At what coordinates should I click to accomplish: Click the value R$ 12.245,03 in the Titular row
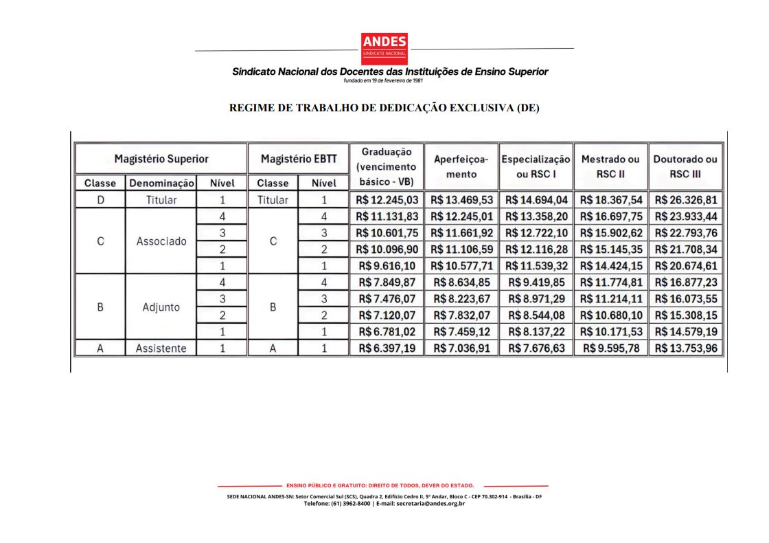point(387,200)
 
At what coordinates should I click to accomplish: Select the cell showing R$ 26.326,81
point(686,200)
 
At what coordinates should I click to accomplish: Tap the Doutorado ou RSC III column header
point(685,166)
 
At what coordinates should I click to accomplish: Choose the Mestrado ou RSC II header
point(610,166)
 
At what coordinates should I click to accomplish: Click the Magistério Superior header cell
point(161,159)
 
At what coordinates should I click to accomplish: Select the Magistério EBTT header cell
point(299,159)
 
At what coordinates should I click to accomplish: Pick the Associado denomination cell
point(161,241)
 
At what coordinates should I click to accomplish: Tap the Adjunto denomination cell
point(161,307)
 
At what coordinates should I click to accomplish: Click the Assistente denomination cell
point(161,348)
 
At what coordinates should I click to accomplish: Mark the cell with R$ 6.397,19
point(387,348)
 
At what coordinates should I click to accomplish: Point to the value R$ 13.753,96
point(686,348)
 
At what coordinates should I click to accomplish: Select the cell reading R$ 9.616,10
point(387,266)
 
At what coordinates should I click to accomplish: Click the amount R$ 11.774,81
point(610,282)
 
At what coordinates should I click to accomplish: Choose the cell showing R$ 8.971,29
point(536,299)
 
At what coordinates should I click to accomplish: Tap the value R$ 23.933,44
point(686,217)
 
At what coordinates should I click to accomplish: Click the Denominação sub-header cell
point(161,184)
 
